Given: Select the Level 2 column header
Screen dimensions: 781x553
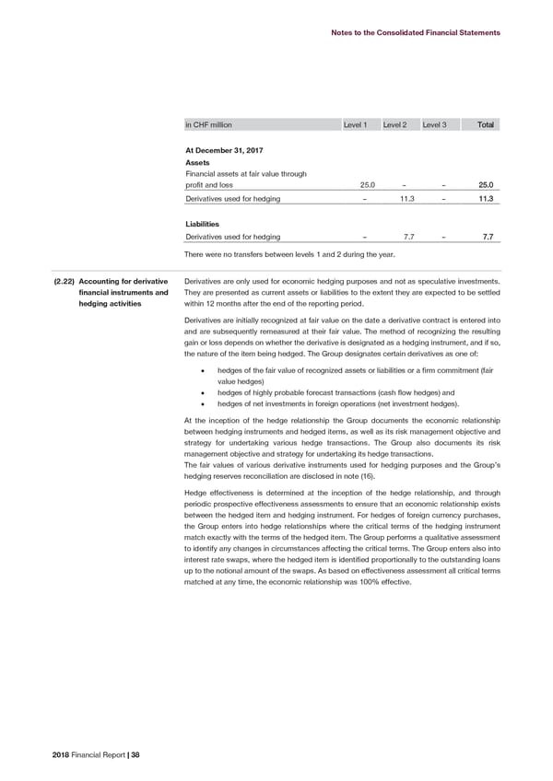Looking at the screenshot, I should [x=395, y=124].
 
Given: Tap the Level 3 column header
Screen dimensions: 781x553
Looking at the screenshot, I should [x=434, y=124].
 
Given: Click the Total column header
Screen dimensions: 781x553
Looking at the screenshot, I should [x=484, y=124].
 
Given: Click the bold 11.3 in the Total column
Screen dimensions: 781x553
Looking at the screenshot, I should [x=486, y=199].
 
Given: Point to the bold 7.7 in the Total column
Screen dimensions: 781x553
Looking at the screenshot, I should [x=488, y=238].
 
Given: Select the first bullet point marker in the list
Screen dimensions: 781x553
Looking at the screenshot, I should [x=201, y=370].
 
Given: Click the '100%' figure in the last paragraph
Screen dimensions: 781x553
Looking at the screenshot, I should [x=363, y=582].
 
